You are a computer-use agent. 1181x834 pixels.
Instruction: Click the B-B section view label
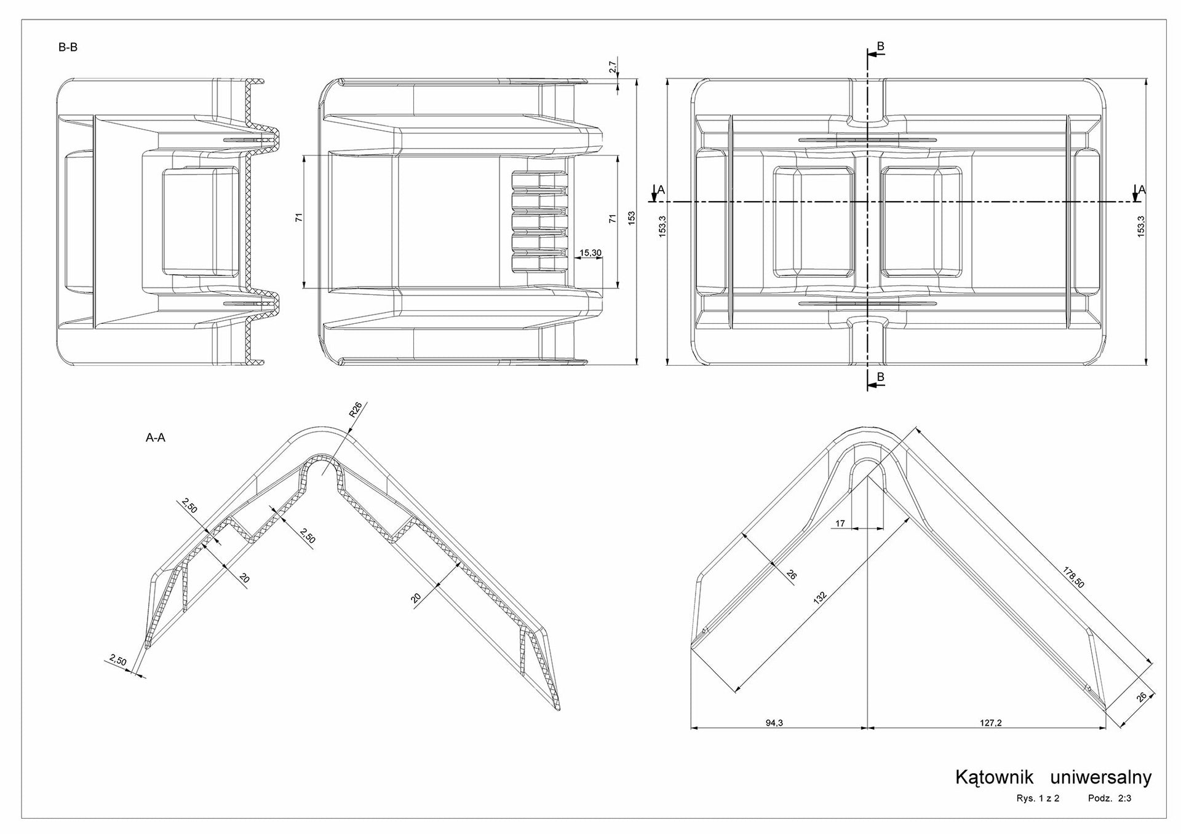point(68,47)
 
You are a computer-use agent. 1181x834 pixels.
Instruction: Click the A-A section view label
point(155,438)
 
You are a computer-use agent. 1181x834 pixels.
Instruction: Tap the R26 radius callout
point(356,410)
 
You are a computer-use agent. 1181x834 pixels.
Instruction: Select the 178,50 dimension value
point(1074,577)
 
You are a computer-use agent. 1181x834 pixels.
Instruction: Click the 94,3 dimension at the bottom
point(774,723)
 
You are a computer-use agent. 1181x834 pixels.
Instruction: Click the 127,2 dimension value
point(990,723)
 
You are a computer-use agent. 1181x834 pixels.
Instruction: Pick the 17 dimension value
point(840,524)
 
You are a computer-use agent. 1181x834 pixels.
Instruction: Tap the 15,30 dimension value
point(590,253)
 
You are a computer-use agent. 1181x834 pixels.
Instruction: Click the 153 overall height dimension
point(631,218)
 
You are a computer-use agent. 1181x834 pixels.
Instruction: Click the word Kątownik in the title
point(994,777)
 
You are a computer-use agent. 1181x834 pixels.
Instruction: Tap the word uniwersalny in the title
point(1101,778)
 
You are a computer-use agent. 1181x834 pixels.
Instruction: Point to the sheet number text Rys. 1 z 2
point(1038,799)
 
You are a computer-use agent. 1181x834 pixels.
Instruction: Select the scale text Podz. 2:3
point(1110,799)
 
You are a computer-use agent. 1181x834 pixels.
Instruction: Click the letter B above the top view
point(880,46)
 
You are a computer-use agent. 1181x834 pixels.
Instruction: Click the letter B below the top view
point(880,377)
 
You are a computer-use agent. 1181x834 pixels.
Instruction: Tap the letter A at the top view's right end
point(1142,190)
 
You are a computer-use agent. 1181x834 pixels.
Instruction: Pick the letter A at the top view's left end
point(661,190)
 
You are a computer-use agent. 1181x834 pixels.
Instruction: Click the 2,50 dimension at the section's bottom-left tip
point(118,661)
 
